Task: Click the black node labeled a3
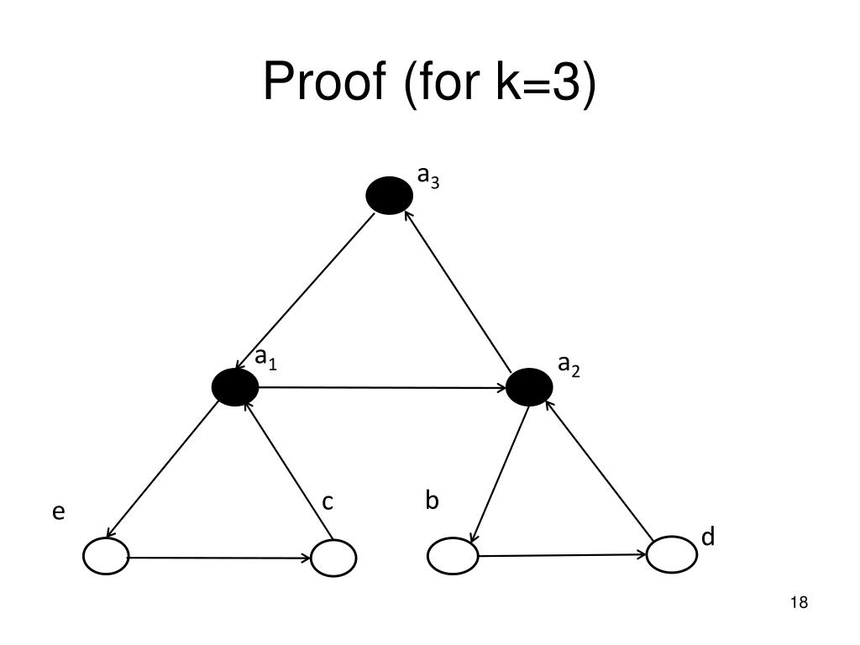(x=390, y=196)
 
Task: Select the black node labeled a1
(x=235, y=387)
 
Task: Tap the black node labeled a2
(x=530, y=387)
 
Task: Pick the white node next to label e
(x=107, y=557)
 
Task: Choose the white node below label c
(x=333, y=558)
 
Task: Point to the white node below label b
(x=453, y=556)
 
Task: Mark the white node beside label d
(x=672, y=554)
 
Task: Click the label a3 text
(x=428, y=177)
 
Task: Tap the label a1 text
(x=266, y=359)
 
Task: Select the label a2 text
(x=569, y=365)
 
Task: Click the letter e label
(x=59, y=512)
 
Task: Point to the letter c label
(x=328, y=502)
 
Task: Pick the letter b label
(x=432, y=501)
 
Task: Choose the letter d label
(x=708, y=537)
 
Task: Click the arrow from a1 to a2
(x=382, y=387)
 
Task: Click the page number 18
(x=799, y=602)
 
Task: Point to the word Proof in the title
(x=323, y=82)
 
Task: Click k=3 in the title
(x=537, y=82)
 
